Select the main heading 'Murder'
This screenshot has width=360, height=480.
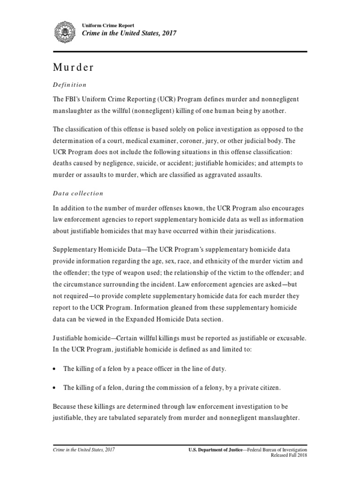pos(73,67)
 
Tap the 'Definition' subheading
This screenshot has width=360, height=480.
pos(69,85)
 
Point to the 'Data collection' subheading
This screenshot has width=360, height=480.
pos(78,193)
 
